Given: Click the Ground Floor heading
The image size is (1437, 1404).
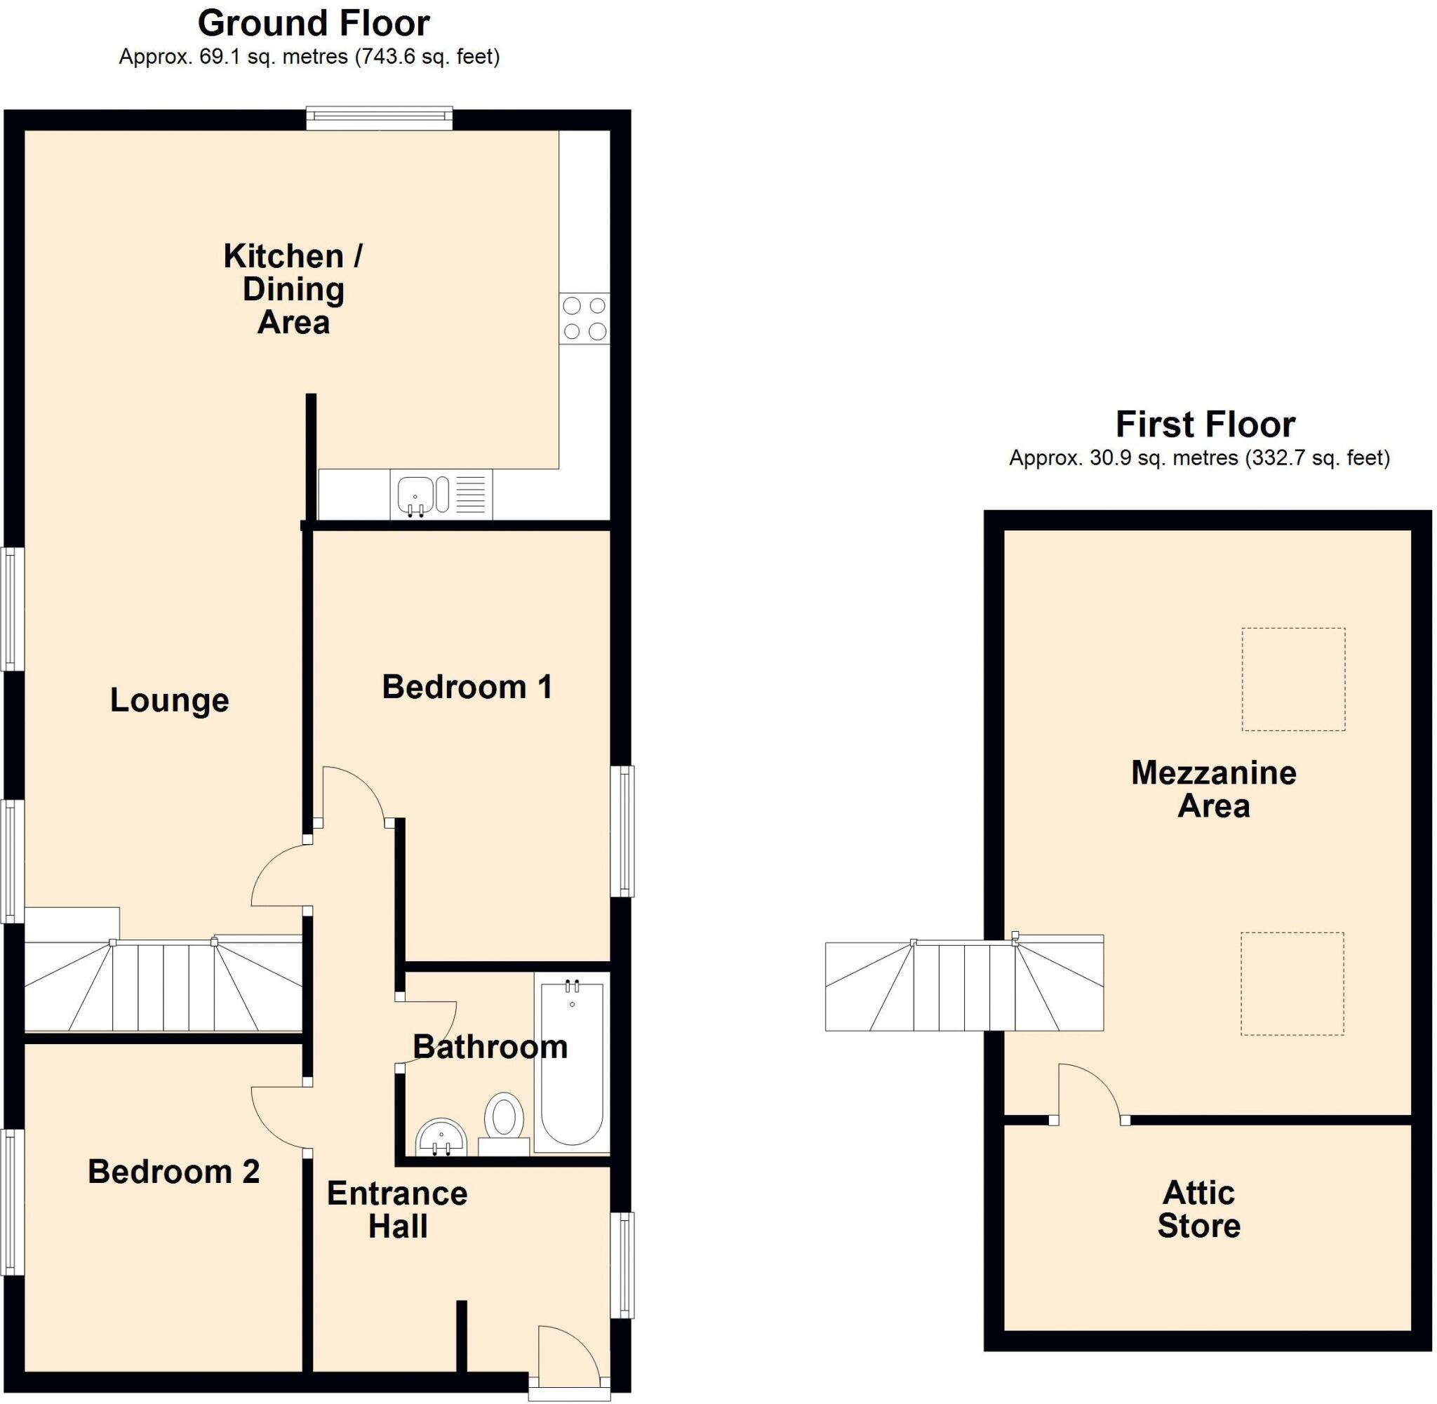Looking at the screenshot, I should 314,24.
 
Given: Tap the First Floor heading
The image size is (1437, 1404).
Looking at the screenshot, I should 1205,424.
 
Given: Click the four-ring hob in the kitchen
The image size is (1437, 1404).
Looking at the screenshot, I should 584,318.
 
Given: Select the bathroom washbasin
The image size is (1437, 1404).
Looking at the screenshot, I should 441,1137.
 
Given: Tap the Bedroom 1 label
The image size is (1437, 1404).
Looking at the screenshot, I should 467,687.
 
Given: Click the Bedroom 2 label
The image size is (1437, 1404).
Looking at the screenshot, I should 173,1172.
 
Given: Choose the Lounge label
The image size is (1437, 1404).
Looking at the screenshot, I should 170,700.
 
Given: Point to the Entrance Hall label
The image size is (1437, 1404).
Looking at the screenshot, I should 397,1210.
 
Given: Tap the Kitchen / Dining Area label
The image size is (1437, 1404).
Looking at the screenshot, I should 293,289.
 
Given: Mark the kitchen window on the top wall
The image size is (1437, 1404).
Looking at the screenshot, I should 379,118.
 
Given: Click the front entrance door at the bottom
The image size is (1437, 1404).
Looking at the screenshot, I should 568,1356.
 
